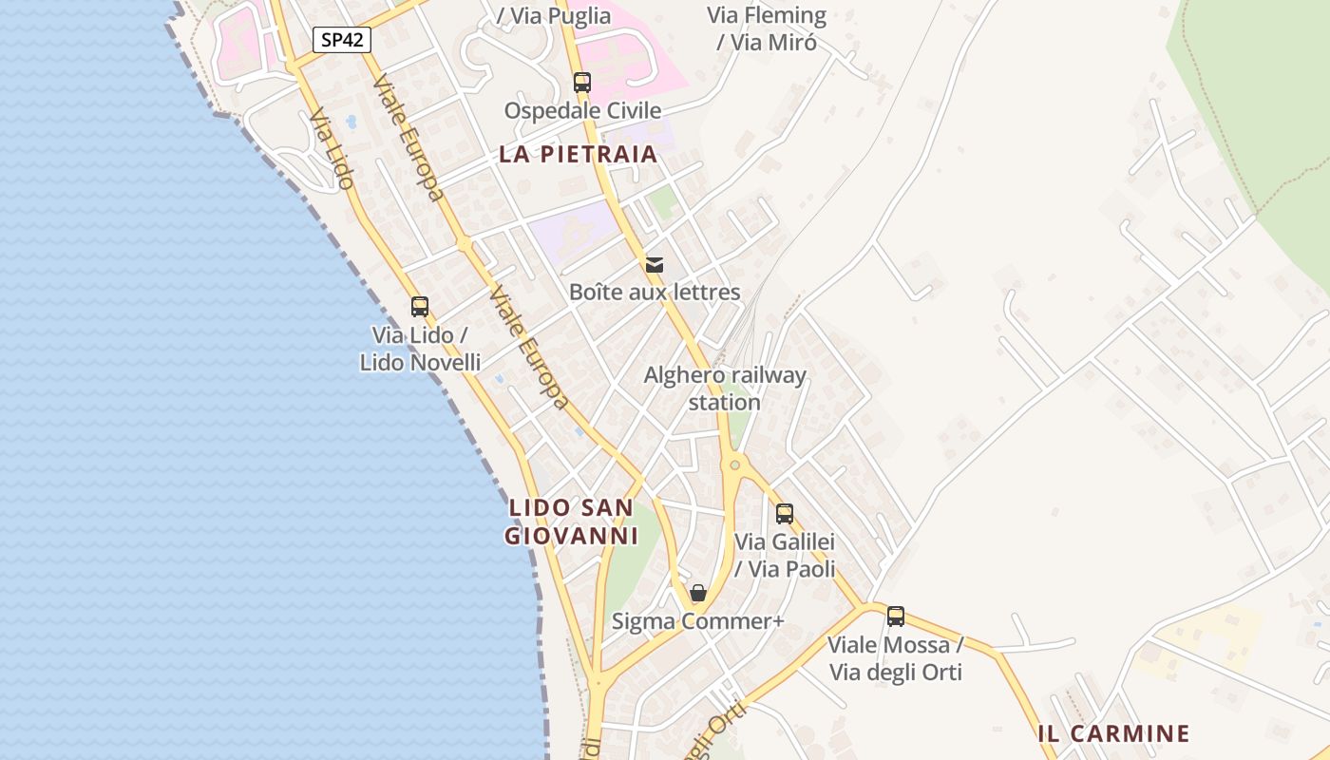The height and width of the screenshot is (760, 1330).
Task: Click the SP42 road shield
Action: (342, 40)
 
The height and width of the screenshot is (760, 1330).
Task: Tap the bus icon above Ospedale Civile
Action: (582, 83)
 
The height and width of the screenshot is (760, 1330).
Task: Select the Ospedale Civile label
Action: (582, 110)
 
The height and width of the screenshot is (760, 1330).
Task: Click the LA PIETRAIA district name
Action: (578, 154)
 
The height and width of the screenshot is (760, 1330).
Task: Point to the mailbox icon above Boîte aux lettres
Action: (655, 265)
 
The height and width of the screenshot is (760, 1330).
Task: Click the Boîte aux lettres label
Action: (655, 292)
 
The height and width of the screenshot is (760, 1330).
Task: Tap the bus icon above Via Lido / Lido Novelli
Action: (420, 307)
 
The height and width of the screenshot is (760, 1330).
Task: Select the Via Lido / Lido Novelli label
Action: (420, 349)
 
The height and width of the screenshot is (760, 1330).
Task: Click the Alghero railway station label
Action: (725, 389)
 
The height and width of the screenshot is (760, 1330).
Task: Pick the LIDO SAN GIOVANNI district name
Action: (571, 522)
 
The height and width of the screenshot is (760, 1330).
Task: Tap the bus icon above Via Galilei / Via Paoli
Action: (785, 514)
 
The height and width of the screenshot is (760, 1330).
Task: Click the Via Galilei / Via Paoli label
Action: (785, 556)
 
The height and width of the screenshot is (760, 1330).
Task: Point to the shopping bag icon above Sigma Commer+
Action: (698, 594)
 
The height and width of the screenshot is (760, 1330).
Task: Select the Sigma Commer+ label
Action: (698, 621)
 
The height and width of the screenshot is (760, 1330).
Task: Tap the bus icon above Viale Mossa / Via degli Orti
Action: (896, 617)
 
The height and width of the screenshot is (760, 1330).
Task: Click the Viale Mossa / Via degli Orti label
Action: (896, 658)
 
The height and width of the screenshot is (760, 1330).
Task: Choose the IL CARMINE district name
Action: (1113, 733)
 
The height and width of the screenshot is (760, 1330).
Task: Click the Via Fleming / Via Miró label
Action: (767, 28)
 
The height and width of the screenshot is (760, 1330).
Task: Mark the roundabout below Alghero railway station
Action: (734, 465)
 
